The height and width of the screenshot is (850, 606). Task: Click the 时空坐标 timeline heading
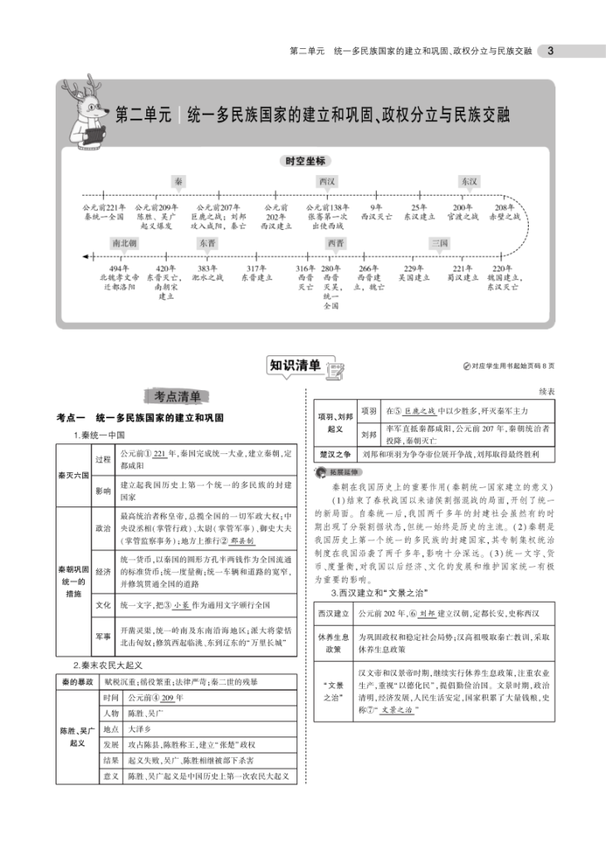point(305,160)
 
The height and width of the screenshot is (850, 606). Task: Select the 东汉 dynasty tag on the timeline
point(468,181)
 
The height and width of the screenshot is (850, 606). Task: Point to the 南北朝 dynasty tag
point(124,243)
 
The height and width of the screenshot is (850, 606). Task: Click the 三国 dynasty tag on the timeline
point(439,243)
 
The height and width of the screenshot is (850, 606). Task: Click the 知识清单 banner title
point(296,364)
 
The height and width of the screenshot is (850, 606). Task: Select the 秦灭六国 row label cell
point(72,476)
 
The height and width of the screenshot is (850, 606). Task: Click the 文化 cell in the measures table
point(103,604)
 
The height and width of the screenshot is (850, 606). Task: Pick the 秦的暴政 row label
point(77,681)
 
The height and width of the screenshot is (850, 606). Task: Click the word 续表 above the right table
point(545,390)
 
